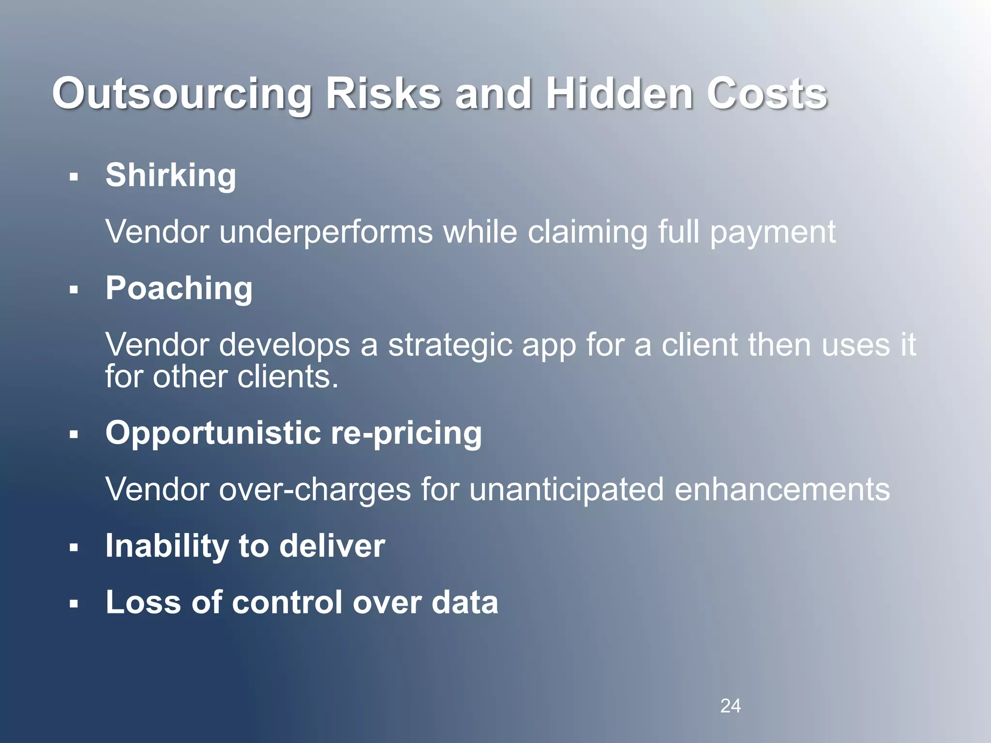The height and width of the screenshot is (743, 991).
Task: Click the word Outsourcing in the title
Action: (x=182, y=94)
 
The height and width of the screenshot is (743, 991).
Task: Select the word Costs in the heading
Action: (x=767, y=94)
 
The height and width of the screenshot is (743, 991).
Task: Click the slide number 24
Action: (x=730, y=706)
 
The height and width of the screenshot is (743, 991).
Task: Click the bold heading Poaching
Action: (x=179, y=288)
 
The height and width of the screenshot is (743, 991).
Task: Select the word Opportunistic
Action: (x=213, y=433)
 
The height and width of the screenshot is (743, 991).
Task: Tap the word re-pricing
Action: (x=406, y=433)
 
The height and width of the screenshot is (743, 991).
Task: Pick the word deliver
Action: (x=332, y=546)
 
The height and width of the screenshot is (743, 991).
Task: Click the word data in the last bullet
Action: (x=465, y=603)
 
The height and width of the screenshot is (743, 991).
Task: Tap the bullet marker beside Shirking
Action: (x=74, y=177)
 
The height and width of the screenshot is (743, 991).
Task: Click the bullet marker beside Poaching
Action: (x=74, y=290)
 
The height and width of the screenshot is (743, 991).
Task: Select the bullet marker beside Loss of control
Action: (x=74, y=604)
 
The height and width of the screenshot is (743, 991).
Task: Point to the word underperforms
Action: (x=326, y=232)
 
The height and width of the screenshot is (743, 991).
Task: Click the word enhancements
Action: (x=781, y=490)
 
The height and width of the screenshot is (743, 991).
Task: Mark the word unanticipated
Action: (x=567, y=490)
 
